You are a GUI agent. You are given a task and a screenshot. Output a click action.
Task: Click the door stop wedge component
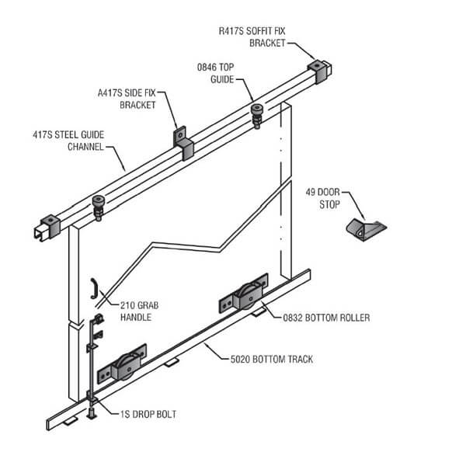click(366, 229)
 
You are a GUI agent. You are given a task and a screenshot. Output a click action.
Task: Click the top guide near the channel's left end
click(99, 206)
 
